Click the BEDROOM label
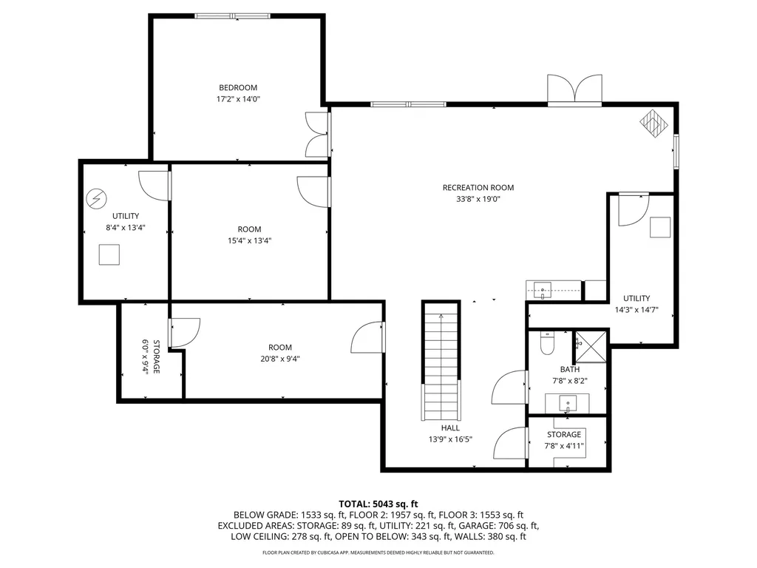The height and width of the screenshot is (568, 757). [237, 87]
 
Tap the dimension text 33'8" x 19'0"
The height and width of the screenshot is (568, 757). [478, 199]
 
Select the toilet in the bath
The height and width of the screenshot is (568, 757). [547, 345]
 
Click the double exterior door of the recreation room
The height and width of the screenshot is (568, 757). [574, 89]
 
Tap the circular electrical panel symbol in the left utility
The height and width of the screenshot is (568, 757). [96, 198]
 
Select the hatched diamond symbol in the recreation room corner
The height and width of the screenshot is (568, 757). [652, 123]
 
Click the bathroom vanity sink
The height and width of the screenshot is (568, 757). [567, 403]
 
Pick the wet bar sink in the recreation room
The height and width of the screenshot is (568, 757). [543, 290]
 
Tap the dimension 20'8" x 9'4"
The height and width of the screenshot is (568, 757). [279, 359]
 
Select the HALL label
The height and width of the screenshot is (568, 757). [449, 427]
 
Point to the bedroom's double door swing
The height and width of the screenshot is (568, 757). [316, 134]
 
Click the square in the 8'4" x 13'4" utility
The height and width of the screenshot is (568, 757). [109, 254]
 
